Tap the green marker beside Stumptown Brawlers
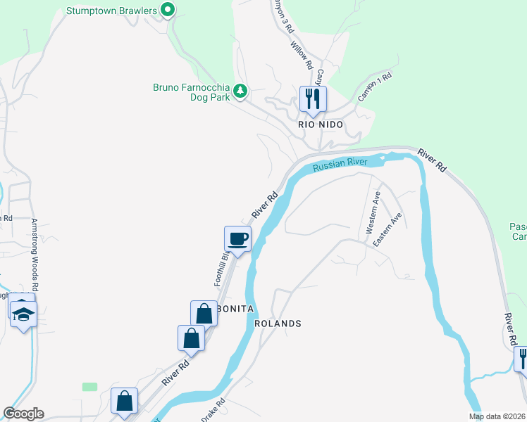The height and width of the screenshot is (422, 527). (x=168, y=10)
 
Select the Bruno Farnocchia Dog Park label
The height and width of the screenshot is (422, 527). (x=192, y=93)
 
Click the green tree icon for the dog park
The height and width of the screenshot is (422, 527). (x=240, y=91)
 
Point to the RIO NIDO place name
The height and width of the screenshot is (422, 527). (x=321, y=124)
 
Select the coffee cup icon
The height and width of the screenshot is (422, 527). (x=237, y=238)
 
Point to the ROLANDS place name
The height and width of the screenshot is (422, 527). (x=278, y=324)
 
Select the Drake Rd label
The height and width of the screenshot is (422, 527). (x=213, y=411)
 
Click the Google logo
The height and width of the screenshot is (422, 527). (x=23, y=414)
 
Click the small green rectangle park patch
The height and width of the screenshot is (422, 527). (x=89, y=387)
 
